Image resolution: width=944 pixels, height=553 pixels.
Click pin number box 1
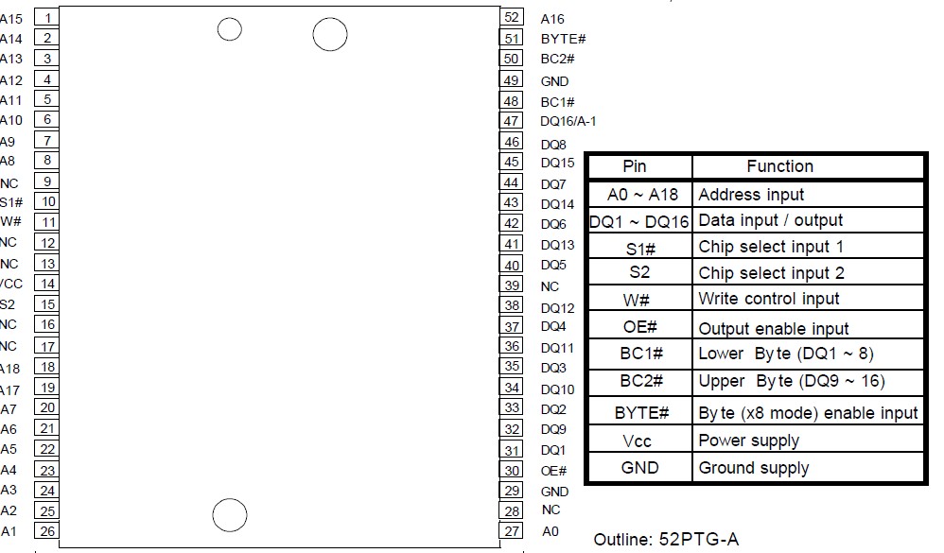pos(47,18)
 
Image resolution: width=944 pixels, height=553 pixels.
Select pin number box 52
pos(512,17)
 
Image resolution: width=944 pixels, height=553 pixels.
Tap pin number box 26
pos(47,531)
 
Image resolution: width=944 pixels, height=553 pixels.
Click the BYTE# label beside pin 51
pos(564,39)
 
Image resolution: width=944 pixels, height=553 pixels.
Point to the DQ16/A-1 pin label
pos(568,121)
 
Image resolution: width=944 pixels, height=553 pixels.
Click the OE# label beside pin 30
pos(553,471)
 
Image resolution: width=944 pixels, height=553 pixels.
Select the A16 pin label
pos(552,19)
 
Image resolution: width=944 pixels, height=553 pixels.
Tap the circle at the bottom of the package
pos(229,515)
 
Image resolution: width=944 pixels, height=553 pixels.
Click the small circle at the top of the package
pos(229,29)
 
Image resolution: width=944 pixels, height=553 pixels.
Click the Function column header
pos(779,166)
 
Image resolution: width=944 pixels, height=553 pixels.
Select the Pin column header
pos(635,166)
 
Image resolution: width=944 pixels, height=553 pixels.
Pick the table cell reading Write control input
pos(768,299)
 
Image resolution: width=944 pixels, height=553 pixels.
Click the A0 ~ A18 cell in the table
pos(641,195)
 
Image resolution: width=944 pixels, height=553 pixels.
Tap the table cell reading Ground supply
pos(753,468)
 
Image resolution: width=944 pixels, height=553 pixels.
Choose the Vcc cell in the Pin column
pos(637,441)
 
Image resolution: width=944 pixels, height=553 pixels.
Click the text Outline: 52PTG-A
pos(666,539)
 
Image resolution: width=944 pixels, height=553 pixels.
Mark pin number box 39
pos(512,285)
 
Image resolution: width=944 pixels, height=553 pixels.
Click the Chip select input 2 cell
pos(771,273)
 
